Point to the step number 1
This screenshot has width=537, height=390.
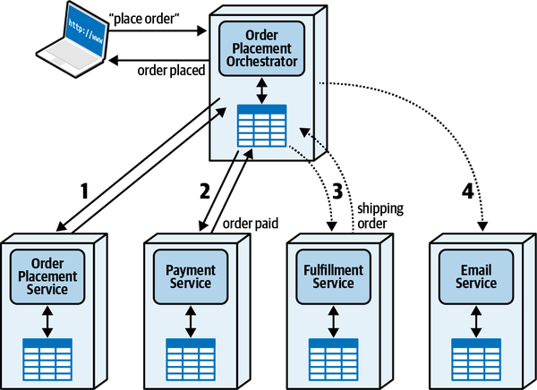[85, 191]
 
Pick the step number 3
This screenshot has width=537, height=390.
[337, 191]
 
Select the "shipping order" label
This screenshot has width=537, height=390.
[380, 216]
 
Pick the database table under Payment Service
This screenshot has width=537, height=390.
[189, 357]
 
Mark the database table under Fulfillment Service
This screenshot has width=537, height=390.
[332, 357]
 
